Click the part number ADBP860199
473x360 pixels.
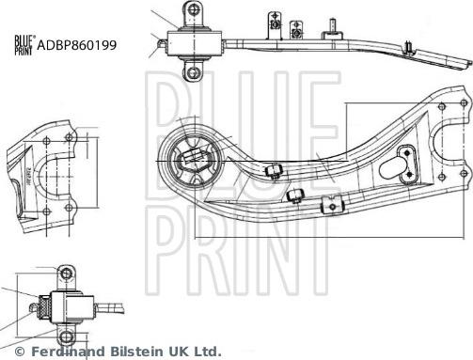pos(77,44)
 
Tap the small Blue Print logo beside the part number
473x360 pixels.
pos(23,44)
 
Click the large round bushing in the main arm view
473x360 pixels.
pos(194,159)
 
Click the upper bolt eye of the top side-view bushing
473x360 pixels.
pos(191,10)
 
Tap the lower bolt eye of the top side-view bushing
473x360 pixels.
pos(193,71)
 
